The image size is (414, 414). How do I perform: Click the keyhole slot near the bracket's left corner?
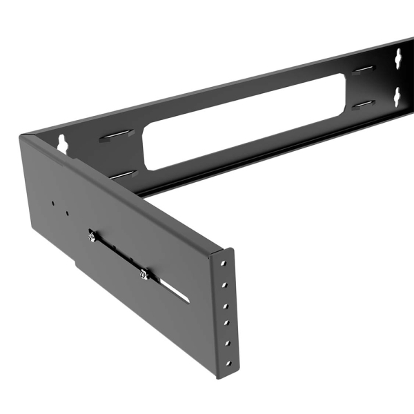point(63,143)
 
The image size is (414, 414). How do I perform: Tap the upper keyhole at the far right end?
point(398,61)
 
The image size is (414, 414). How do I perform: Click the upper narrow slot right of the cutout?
point(363,69)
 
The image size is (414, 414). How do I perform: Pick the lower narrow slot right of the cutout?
point(363,105)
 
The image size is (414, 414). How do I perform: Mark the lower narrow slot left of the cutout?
point(123,175)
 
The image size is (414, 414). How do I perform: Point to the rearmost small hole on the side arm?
point(52,204)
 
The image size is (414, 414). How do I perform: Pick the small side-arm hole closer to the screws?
point(67,213)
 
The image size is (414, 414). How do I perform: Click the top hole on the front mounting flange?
point(223,263)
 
